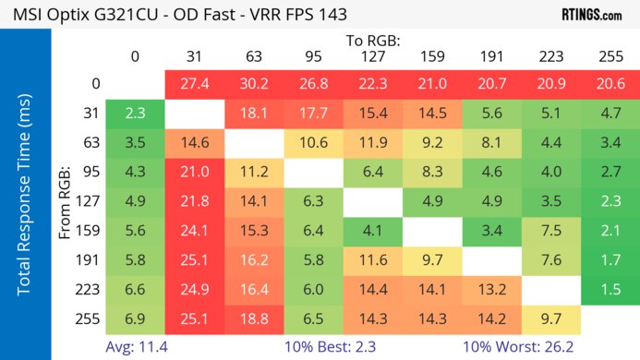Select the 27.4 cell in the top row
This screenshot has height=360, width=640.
194,84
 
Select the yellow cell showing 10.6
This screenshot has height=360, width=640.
313,143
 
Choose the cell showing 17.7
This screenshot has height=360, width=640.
313,114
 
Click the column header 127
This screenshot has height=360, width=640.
372,57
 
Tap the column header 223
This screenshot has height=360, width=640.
550,57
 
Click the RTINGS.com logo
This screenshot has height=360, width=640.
591,15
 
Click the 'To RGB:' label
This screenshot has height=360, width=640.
372,41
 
